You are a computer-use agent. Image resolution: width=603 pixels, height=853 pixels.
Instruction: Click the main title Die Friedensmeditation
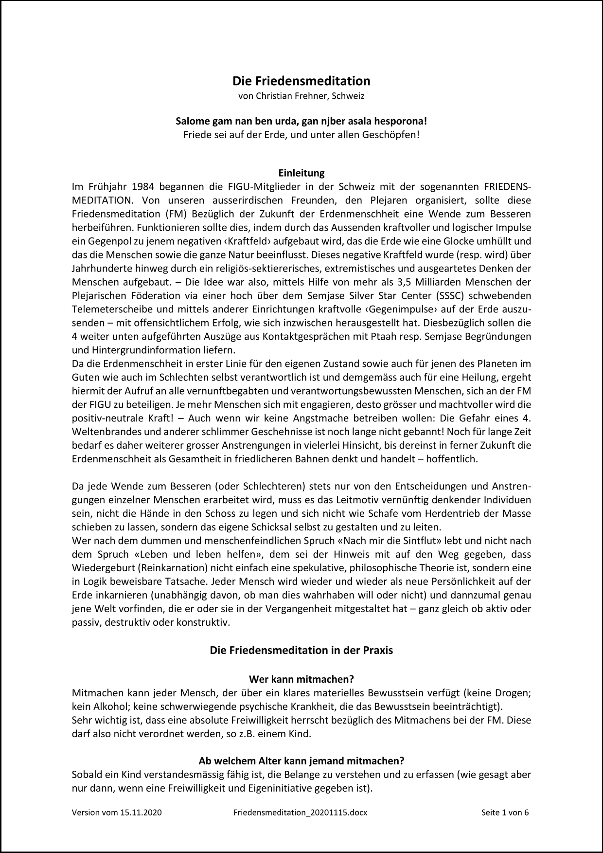pyautogui.click(x=301, y=81)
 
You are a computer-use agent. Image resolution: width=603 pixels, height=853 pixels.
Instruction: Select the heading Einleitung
pyautogui.click(x=301, y=173)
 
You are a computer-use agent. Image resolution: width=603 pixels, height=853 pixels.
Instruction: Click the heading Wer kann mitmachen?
pyautogui.click(x=301, y=679)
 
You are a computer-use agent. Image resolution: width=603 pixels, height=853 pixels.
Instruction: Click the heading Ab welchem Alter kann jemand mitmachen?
pyautogui.click(x=301, y=761)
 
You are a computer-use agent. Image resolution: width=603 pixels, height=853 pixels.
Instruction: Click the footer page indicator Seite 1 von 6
pyautogui.click(x=504, y=812)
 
